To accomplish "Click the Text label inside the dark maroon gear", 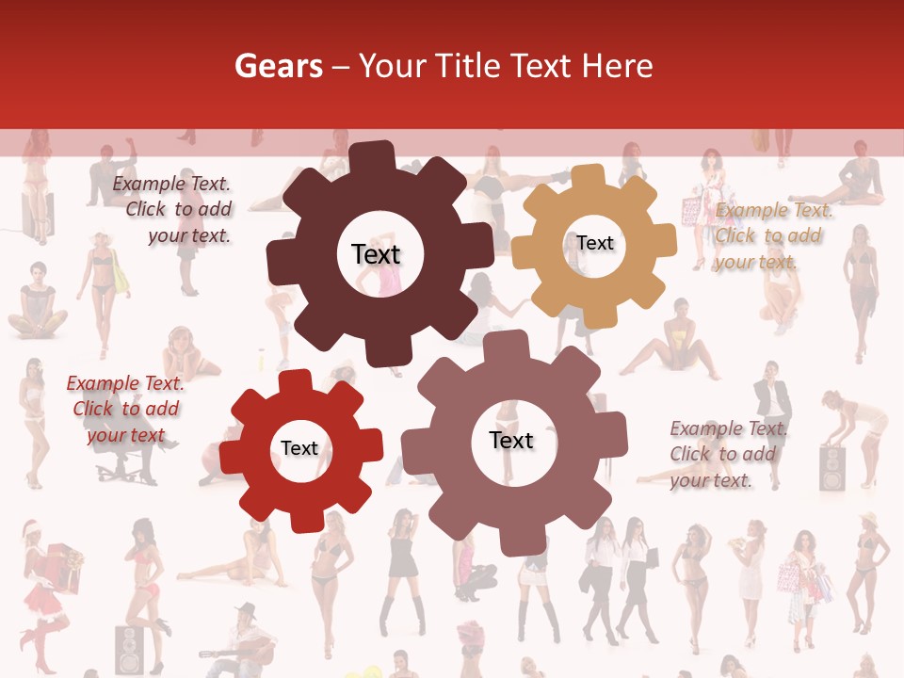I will click(x=376, y=254).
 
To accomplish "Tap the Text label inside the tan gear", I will click(x=595, y=243).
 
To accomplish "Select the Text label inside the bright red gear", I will click(x=299, y=448).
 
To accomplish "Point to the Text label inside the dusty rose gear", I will click(x=511, y=440).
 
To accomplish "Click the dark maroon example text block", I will click(x=174, y=210).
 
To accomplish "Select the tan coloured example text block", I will click(x=772, y=236).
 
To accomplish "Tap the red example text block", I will click(x=124, y=410).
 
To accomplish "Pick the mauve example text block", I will click(x=724, y=455).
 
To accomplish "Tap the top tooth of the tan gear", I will click(x=588, y=176).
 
